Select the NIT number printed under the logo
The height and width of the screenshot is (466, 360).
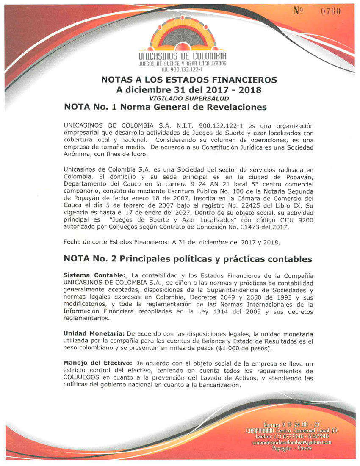[183, 69]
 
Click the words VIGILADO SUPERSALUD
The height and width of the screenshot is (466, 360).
[183, 98]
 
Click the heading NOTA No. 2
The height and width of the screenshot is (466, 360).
[90, 258]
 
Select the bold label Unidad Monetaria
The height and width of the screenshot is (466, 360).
[91, 333]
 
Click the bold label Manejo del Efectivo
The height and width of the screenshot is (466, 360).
[97, 363]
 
